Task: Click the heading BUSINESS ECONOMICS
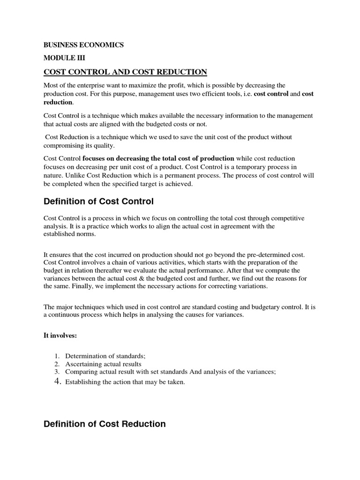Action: coord(83,45)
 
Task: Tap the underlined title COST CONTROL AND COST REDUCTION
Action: coord(125,72)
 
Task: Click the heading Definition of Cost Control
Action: coord(98,202)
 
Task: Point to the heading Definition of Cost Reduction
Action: coord(105,424)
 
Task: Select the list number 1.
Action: coord(56,356)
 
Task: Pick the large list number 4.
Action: coord(57,382)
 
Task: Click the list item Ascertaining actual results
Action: coord(103,364)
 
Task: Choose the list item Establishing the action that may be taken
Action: coord(125,382)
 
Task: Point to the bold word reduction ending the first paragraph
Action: coord(58,102)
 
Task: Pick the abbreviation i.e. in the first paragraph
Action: coord(245,94)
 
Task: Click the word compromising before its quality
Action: coord(65,145)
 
